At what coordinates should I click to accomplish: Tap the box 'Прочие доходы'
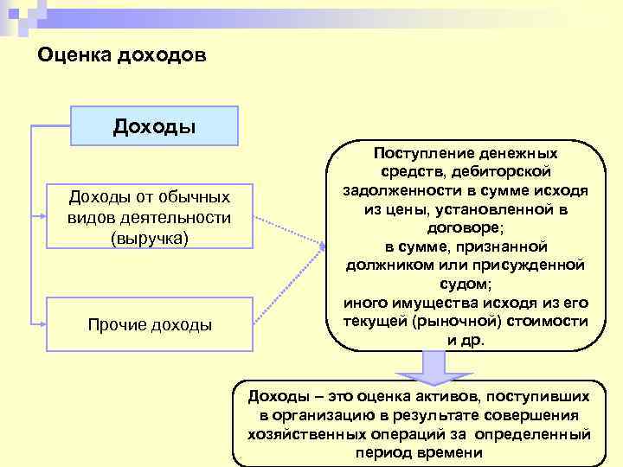click(150, 324)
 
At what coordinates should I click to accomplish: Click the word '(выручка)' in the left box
click(150, 237)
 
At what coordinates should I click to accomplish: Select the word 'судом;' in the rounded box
click(466, 285)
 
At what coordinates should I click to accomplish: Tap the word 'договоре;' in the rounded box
click(466, 227)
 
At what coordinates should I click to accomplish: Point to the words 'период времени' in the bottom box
click(418, 453)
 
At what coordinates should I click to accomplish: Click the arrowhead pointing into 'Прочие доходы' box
click(41, 323)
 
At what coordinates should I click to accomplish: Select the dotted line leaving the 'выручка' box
click(290, 232)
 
